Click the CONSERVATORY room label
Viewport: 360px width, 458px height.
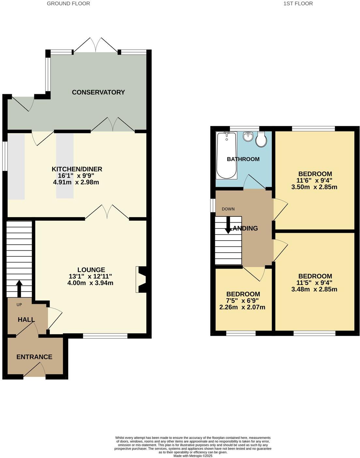point(98,92)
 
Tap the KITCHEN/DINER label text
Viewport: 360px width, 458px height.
point(77,169)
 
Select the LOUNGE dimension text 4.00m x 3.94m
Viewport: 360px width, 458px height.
point(90,283)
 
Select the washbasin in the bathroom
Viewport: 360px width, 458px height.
point(248,136)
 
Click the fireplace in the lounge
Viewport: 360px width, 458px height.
point(142,280)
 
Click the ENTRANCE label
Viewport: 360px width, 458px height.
point(34,357)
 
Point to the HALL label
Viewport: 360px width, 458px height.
point(26,320)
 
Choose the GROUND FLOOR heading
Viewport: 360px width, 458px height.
point(68,4)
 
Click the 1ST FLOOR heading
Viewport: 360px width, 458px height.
point(298,4)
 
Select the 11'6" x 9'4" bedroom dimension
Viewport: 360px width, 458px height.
point(314,180)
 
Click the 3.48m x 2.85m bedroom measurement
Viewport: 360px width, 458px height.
point(314,289)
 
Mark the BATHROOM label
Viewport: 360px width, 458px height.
point(243,159)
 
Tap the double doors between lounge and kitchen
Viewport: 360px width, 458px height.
point(107,213)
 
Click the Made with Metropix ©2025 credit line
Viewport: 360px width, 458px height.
point(193,456)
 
